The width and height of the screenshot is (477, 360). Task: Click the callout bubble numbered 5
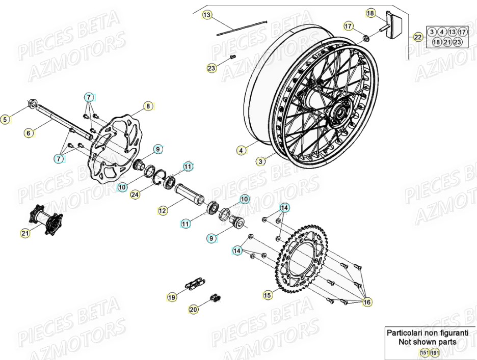5,120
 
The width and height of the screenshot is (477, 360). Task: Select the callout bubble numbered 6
29,133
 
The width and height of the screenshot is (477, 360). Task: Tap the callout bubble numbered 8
148,106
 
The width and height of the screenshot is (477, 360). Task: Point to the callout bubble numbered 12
163,210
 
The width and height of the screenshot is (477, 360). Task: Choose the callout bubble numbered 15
268,295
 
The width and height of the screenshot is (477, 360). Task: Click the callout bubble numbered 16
367,302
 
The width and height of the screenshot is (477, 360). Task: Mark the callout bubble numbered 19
172,297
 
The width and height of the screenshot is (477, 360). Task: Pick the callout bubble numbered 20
193,309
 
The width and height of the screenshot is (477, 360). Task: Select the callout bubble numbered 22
418,37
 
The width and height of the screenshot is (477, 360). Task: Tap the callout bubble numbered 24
135,194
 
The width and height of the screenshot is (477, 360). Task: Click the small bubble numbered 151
423,352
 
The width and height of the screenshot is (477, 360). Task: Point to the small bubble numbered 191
434,352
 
